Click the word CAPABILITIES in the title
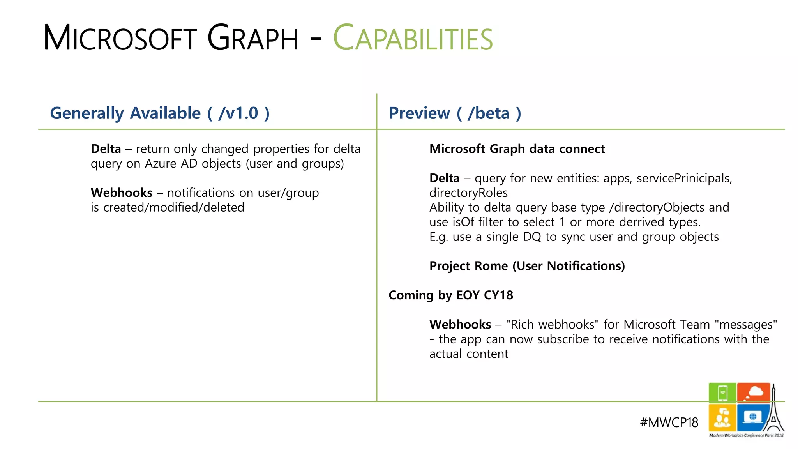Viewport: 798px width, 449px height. tap(413, 39)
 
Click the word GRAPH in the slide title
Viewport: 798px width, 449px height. tap(252, 39)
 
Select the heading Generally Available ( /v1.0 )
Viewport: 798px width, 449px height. tap(160, 113)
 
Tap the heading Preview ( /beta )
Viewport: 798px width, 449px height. tap(455, 113)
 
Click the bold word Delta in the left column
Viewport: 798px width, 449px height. tap(106, 149)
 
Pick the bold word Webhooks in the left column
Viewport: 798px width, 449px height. tap(122, 193)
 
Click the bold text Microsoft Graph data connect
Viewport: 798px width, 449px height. tap(517, 149)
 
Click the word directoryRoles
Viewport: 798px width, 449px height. tap(468, 193)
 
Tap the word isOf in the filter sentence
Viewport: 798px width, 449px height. tap(463, 222)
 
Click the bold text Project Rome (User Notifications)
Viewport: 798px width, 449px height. tap(527, 266)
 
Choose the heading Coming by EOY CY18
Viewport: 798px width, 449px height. tap(450, 295)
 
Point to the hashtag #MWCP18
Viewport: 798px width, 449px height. tap(669, 422)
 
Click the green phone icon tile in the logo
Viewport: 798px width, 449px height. tap(722, 392)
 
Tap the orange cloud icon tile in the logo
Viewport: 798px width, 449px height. tap(753, 392)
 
